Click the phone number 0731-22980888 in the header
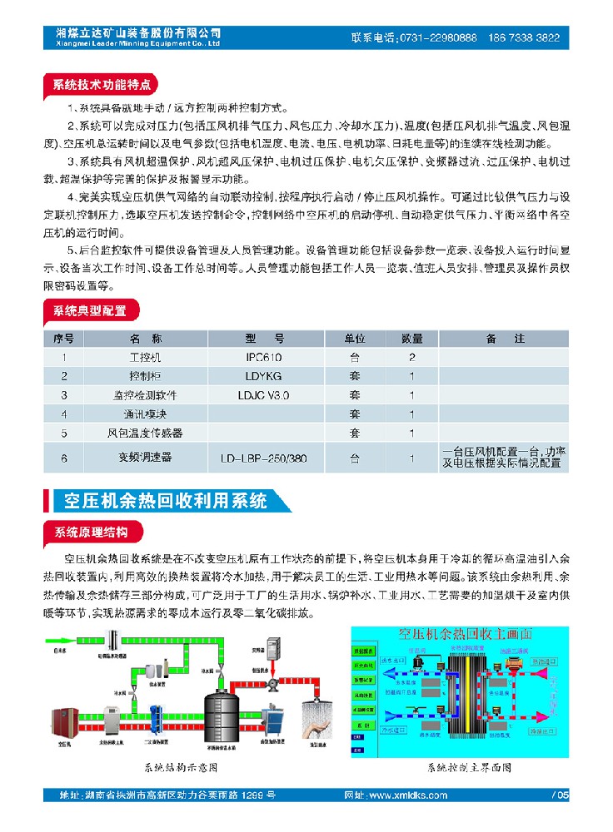438,38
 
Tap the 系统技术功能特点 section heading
102,85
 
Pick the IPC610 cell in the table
265,358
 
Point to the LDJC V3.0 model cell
265,394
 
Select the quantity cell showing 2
411,358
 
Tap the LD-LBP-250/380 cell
265,458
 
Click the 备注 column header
505,339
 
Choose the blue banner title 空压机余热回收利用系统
167,501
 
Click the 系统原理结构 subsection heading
91,532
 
